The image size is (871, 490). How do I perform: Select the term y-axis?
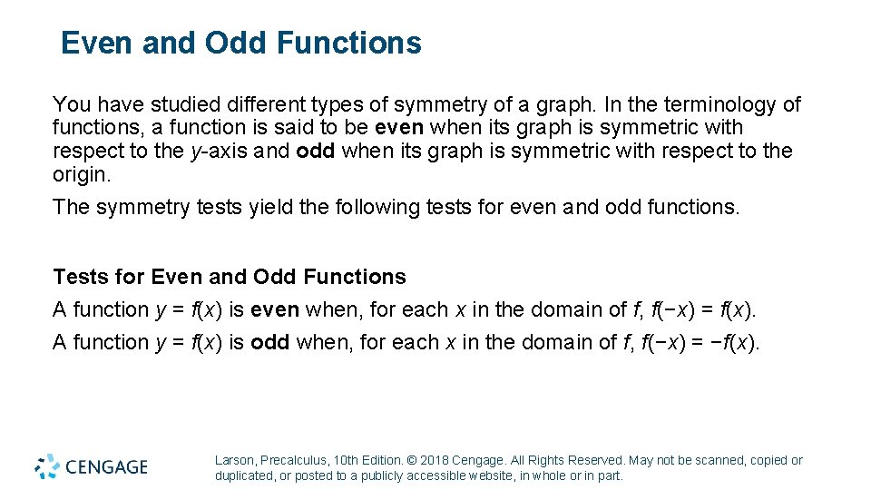(218, 151)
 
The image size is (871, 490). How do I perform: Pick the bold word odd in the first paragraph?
(314, 151)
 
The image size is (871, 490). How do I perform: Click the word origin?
(80, 173)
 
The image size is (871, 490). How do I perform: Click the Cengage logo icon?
(47, 466)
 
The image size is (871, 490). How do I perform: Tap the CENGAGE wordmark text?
(105, 467)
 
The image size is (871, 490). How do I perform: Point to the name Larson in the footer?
(235, 461)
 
